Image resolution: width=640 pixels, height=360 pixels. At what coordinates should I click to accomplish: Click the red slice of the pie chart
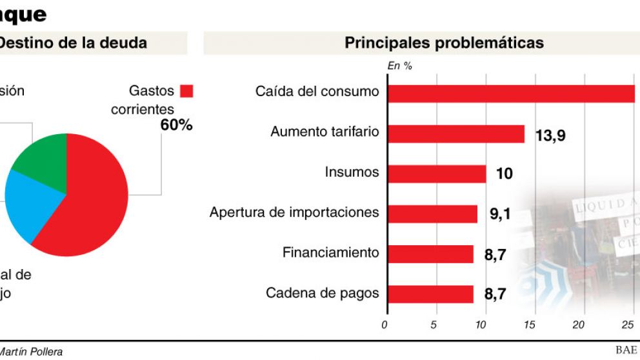point(90,200)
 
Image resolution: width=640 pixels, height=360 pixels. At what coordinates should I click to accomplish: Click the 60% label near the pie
point(176,125)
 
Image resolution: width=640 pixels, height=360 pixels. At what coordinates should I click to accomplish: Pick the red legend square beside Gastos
point(186,91)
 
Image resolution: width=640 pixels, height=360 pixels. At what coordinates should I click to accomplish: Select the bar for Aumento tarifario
point(455,134)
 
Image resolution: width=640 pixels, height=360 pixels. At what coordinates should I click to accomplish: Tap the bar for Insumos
point(436,174)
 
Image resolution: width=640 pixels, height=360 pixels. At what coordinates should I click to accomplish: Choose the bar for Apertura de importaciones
point(432,214)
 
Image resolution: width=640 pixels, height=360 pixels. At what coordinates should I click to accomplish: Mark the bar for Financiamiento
point(430,254)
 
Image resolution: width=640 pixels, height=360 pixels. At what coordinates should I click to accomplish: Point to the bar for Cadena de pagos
point(430,294)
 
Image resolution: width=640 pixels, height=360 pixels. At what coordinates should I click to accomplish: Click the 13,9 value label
point(550,135)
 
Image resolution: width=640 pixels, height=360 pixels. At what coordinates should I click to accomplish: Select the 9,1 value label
point(500,214)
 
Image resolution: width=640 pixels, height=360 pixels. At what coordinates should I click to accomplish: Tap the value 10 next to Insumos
point(504,174)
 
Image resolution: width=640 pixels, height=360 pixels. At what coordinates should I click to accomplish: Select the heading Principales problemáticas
point(444,43)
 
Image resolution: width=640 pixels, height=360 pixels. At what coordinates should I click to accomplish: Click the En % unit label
point(399,65)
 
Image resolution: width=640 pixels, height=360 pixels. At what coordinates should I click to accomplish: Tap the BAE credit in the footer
point(626,350)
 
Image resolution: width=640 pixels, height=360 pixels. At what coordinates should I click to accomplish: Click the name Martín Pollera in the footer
point(32,352)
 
